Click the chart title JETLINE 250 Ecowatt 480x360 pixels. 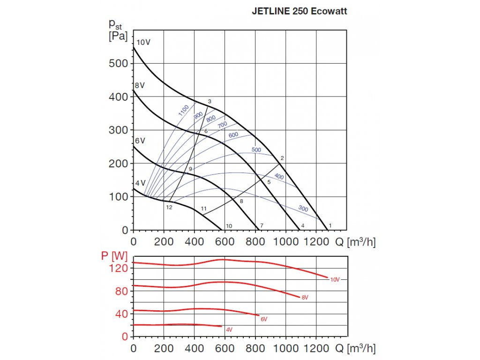(300, 11)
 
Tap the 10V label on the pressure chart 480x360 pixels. (143, 42)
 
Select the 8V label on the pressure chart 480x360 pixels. (140, 86)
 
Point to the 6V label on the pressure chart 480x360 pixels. (140, 141)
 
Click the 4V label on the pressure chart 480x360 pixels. (140, 183)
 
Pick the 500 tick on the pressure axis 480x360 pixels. (119, 63)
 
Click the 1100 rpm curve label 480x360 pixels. (183, 110)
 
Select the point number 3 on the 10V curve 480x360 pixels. (210, 101)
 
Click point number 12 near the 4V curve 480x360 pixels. (169, 207)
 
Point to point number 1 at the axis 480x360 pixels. (330, 225)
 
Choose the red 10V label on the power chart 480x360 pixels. (334, 280)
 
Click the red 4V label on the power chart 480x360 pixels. (229, 330)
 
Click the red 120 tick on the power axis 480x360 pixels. (119, 268)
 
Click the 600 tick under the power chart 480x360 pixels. (225, 348)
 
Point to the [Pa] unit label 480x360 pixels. (118, 37)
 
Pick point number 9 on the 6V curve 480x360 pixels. (191, 168)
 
